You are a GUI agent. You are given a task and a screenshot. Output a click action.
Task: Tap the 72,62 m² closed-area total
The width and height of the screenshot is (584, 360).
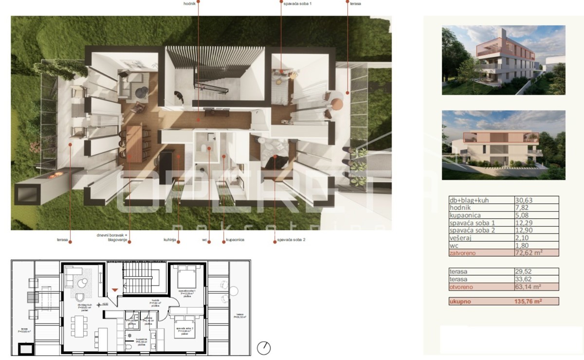pos(529,253)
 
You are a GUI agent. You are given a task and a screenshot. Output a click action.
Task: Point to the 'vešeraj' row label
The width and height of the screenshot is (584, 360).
pos(461,238)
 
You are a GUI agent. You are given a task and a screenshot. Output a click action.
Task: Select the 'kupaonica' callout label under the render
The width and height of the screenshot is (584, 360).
pos(235,240)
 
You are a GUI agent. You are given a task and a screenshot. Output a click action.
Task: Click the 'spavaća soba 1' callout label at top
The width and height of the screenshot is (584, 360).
pos(297,3)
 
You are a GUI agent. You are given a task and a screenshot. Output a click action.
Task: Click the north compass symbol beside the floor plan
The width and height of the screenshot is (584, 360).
pos(264,348)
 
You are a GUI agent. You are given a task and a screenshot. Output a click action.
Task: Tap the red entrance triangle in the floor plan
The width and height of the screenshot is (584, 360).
pos(114,290)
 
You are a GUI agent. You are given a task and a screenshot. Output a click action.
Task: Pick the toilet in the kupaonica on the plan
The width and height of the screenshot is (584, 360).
pos(128,347)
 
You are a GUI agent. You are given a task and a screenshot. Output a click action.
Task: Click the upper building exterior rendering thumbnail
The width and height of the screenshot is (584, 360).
pos(503,60)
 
